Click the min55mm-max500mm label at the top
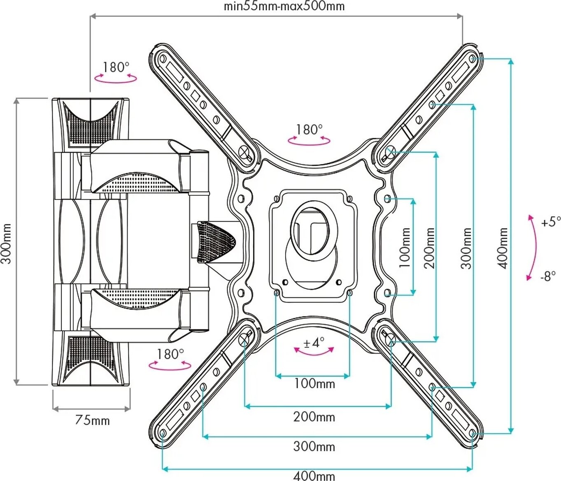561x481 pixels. click(x=284, y=7)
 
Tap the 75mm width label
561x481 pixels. click(x=92, y=421)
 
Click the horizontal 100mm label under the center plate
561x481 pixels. click(x=314, y=384)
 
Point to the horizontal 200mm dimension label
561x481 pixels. click(x=314, y=417)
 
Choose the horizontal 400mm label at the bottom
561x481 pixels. click(x=314, y=476)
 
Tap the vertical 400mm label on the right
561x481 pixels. click(x=503, y=248)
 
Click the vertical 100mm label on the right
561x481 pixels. click(x=405, y=248)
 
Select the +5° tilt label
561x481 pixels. click(x=551, y=222)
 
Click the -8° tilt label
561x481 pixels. click(x=548, y=276)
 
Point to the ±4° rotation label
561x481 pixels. click(x=314, y=342)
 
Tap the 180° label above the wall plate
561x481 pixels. click(x=116, y=67)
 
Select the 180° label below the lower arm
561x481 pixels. click(x=170, y=354)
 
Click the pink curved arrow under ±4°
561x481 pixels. click(x=314, y=352)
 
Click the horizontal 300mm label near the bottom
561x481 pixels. click(x=314, y=446)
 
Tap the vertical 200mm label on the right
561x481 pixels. click(x=430, y=248)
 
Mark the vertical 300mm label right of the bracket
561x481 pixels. click(x=466, y=248)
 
